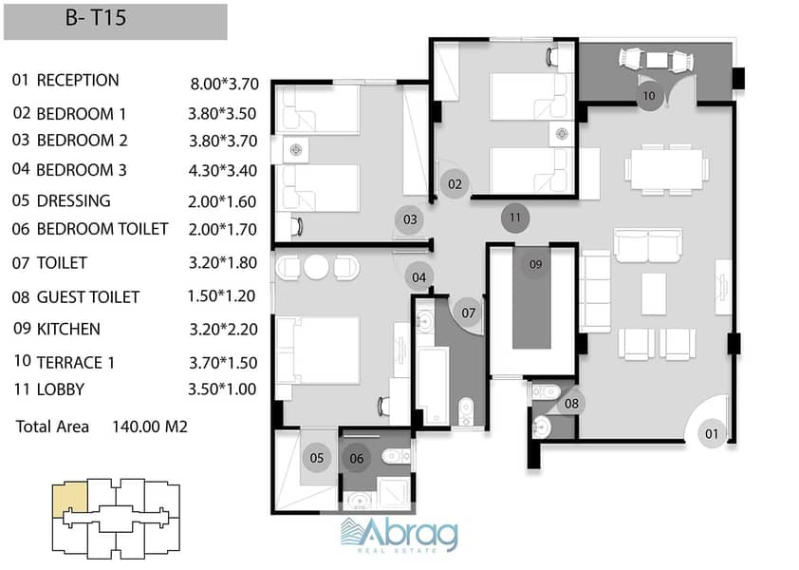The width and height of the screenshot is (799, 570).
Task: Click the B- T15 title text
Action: (x=96, y=18)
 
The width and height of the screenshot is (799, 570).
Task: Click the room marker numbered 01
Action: (x=712, y=434)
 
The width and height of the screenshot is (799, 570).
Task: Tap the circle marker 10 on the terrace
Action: (x=649, y=96)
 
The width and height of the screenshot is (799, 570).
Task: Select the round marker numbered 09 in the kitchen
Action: (x=535, y=264)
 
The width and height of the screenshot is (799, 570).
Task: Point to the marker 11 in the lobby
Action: (x=515, y=218)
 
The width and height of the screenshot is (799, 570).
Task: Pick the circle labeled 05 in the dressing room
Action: (x=316, y=458)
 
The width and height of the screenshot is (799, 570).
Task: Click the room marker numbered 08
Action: (x=571, y=404)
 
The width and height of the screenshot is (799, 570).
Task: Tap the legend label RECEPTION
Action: (x=78, y=81)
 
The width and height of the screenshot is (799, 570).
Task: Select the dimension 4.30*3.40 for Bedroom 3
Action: (x=223, y=170)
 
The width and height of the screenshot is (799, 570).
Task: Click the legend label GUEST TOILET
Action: (x=88, y=297)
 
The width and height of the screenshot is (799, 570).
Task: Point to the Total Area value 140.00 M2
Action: (x=150, y=427)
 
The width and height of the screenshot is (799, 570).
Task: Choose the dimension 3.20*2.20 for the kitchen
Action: (x=223, y=329)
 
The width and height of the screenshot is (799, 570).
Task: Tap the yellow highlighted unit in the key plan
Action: (x=70, y=500)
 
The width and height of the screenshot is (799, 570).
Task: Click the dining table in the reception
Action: (x=666, y=169)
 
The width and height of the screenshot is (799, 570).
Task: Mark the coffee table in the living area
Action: (x=654, y=294)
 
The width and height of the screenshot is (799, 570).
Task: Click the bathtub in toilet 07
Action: (x=433, y=386)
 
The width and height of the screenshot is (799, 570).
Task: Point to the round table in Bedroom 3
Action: (x=316, y=266)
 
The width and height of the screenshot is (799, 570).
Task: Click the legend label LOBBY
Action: (x=60, y=389)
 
